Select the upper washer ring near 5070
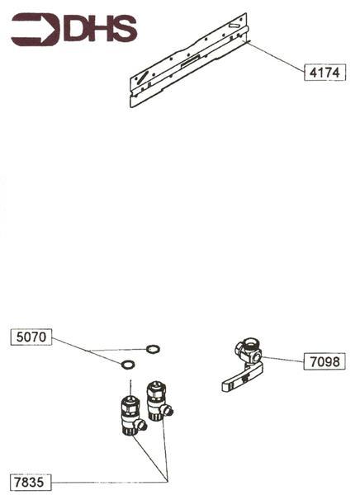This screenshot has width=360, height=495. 153,349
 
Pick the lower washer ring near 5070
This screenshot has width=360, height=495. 127,364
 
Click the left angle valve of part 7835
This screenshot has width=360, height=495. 128,415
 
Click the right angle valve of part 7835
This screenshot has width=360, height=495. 155,399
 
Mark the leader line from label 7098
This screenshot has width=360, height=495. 282,359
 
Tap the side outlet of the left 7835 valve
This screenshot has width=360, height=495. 141,426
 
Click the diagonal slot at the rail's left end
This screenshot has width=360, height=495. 143,77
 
